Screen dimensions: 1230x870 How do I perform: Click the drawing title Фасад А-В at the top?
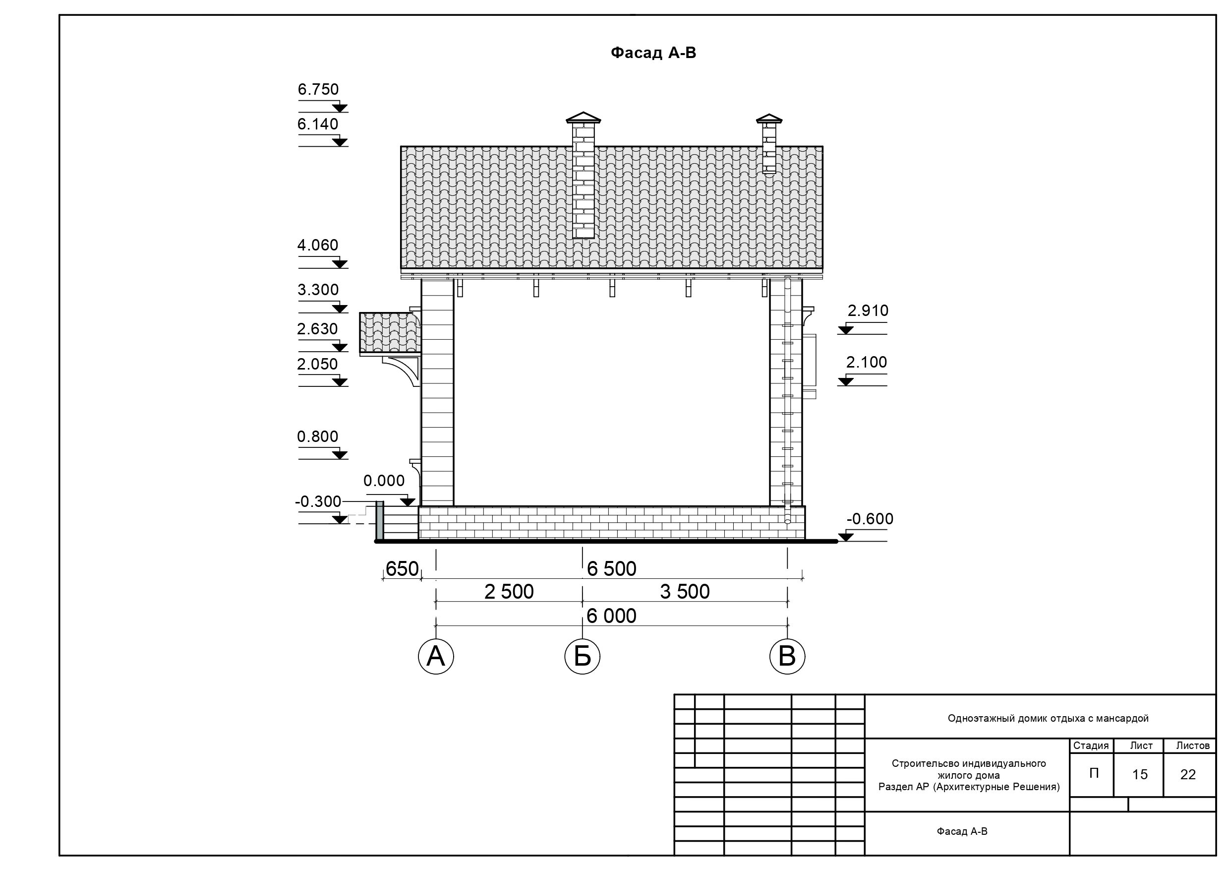click(653, 53)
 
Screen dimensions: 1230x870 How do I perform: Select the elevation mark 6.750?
click(318, 89)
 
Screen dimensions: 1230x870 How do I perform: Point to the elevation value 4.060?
click(318, 245)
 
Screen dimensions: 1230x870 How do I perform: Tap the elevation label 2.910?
click(868, 311)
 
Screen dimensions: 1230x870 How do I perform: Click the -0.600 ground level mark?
click(870, 519)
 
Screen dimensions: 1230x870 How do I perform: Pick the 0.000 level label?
click(384, 480)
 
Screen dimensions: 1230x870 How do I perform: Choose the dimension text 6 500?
click(612, 569)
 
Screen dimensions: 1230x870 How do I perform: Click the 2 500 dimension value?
click(509, 592)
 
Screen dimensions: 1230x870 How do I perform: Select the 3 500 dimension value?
click(685, 592)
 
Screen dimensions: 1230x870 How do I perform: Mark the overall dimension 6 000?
click(612, 616)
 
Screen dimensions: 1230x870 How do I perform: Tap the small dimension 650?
click(402, 569)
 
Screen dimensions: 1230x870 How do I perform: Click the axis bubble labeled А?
click(436, 656)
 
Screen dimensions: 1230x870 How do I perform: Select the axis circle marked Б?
click(583, 656)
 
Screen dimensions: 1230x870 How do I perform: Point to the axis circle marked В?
click(787, 656)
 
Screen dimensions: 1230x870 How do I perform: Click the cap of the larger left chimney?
click(584, 118)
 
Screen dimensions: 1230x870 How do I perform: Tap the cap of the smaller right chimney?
click(769, 119)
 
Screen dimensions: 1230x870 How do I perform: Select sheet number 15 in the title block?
click(1139, 775)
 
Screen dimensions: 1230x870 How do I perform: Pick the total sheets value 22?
click(1188, 775)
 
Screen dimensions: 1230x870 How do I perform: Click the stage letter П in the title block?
click(1094, 773)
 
